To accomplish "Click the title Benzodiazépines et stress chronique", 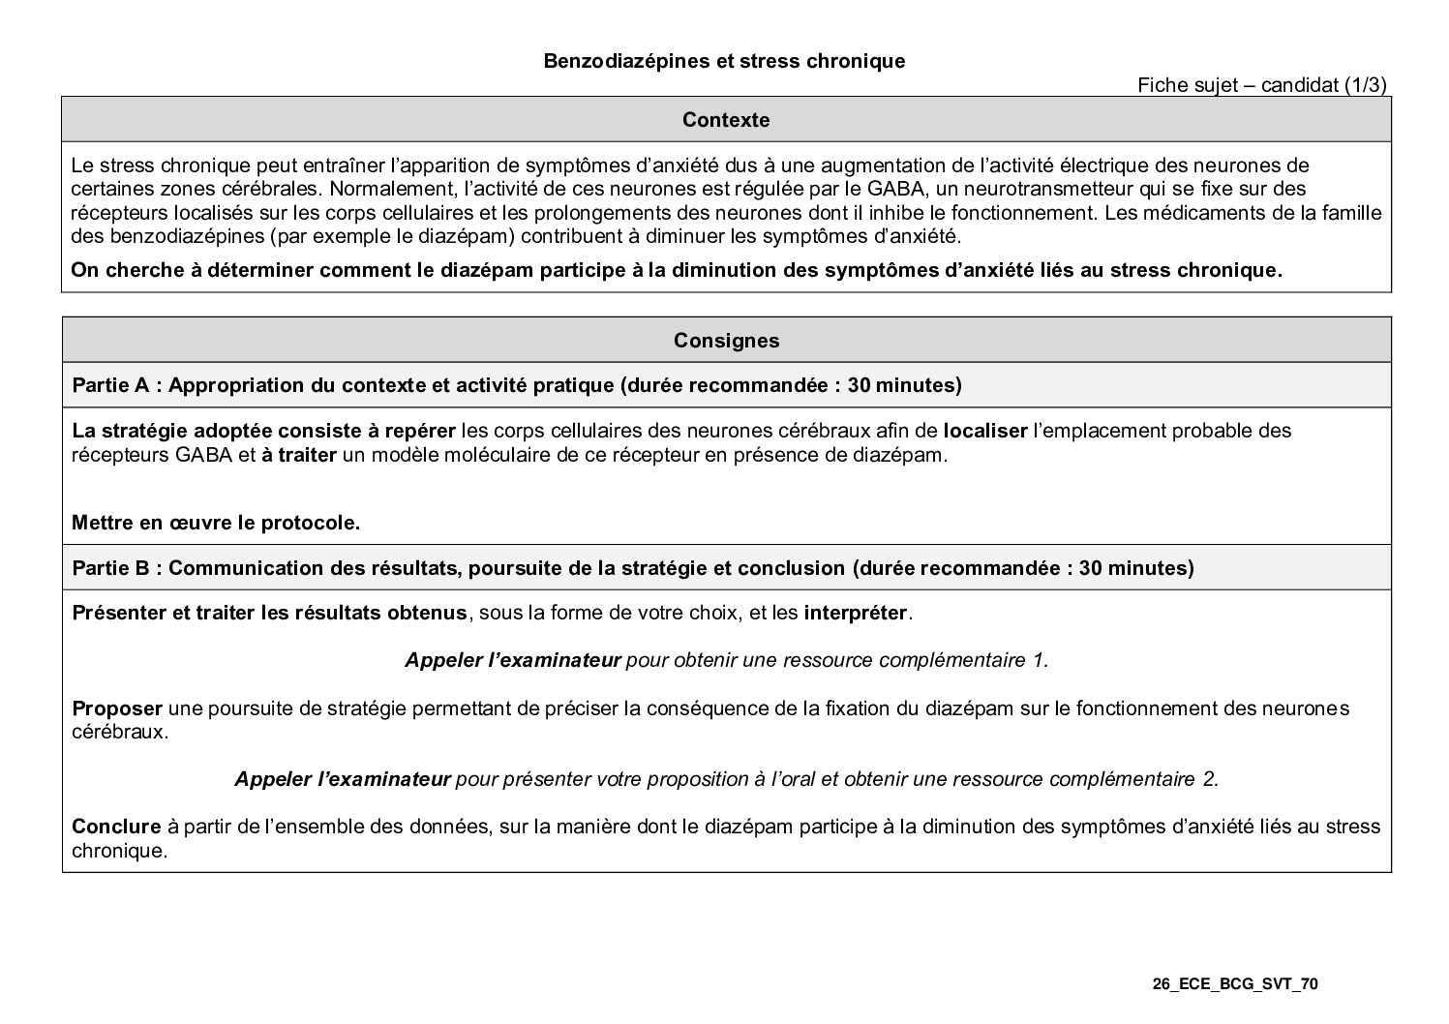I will pos(724,61).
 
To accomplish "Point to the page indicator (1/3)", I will pos(1366,85).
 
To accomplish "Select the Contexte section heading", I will pos(726,120).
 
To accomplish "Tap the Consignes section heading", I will pos(726,341).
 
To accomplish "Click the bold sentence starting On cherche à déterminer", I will pos(676,270).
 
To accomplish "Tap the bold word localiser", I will pos(984,430).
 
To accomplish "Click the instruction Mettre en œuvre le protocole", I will pos(216,523).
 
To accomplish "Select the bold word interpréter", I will pos(856,613).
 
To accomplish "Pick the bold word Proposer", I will pos(117,708).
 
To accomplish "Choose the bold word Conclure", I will pos(116,827).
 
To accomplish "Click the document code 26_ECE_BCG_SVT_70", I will pos(1235,984).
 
